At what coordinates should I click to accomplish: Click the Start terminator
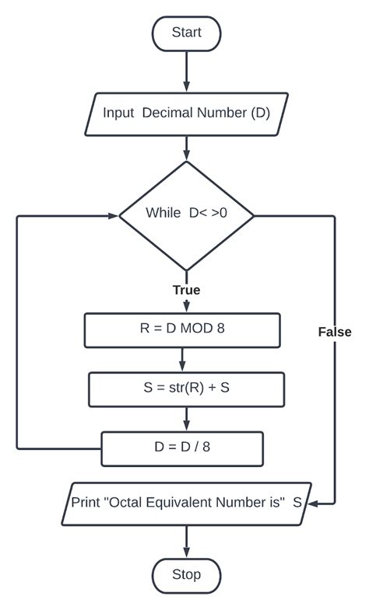(x=186, y=34)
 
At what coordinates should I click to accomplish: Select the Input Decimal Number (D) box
(x=186, y=114)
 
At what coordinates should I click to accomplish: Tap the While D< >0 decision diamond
(x=186, y=216)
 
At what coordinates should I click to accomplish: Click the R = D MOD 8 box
(x=182, y=330)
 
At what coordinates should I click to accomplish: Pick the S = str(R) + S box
(x=186, y=389)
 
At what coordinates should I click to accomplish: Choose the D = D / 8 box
(x=182, y=448)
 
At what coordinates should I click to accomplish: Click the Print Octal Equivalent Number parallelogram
(x=186, y=504)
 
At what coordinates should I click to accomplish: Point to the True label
(x=186, y=290)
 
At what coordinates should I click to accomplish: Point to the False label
(x=335, y=332)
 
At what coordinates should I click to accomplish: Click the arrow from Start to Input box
(x=186, y=72)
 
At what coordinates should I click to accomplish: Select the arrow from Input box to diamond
(x=186, y=148)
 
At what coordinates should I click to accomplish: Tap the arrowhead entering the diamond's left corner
(x=114, y=216)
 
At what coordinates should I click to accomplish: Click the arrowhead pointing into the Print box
(x=314, y=504)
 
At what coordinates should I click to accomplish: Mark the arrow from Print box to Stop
(x=186, y=542)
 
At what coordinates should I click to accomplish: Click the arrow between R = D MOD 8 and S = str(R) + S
(x=182, y=360)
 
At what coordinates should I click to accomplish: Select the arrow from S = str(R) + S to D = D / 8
(x=186, y=419)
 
